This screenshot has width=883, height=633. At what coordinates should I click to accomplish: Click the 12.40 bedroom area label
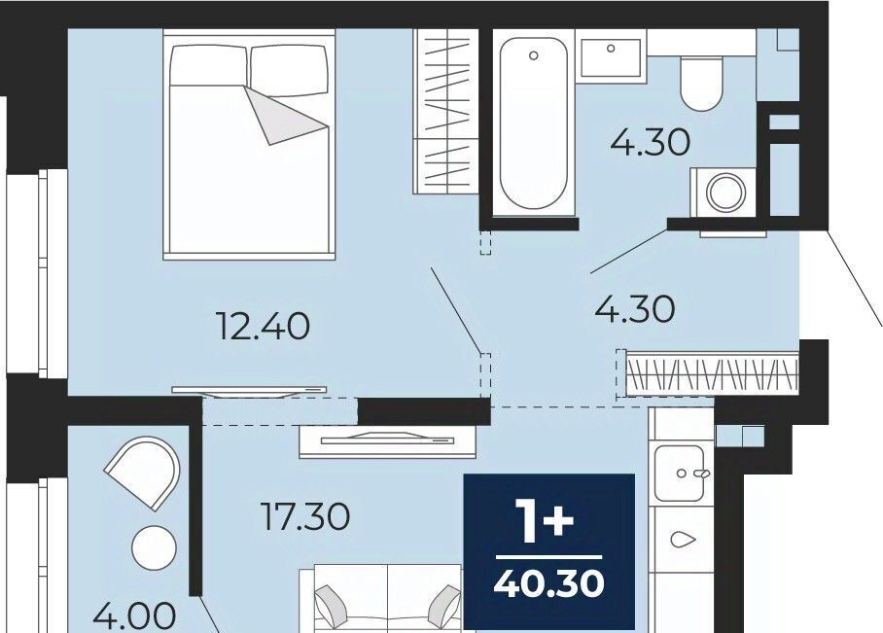click(264, 327)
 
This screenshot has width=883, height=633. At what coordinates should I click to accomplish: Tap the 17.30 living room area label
click(305, 516)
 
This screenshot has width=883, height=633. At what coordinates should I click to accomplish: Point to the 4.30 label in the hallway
click(635, 309)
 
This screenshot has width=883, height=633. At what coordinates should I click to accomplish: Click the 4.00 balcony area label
click(133, 616)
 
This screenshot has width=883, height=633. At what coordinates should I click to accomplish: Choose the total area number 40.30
click(549, 583)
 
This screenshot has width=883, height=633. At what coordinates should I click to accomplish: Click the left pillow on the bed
click(208, 65)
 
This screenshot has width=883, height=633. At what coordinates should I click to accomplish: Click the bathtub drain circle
click(533, 55)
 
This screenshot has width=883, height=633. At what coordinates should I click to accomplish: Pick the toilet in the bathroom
click(700, 82)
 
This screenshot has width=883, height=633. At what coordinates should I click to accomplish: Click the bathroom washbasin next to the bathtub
click(611, 57)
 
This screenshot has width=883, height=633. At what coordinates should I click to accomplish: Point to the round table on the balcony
click(154, 547)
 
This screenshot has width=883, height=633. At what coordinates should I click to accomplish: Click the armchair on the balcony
click(144, 473)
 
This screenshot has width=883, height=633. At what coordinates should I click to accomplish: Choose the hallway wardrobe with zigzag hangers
click(707, 374)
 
